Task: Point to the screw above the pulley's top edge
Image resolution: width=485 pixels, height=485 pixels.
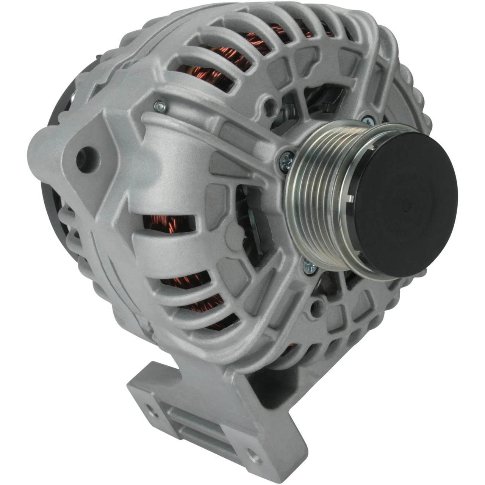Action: point(368,120)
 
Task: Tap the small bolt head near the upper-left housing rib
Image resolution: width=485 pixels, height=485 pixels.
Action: point(161,106)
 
